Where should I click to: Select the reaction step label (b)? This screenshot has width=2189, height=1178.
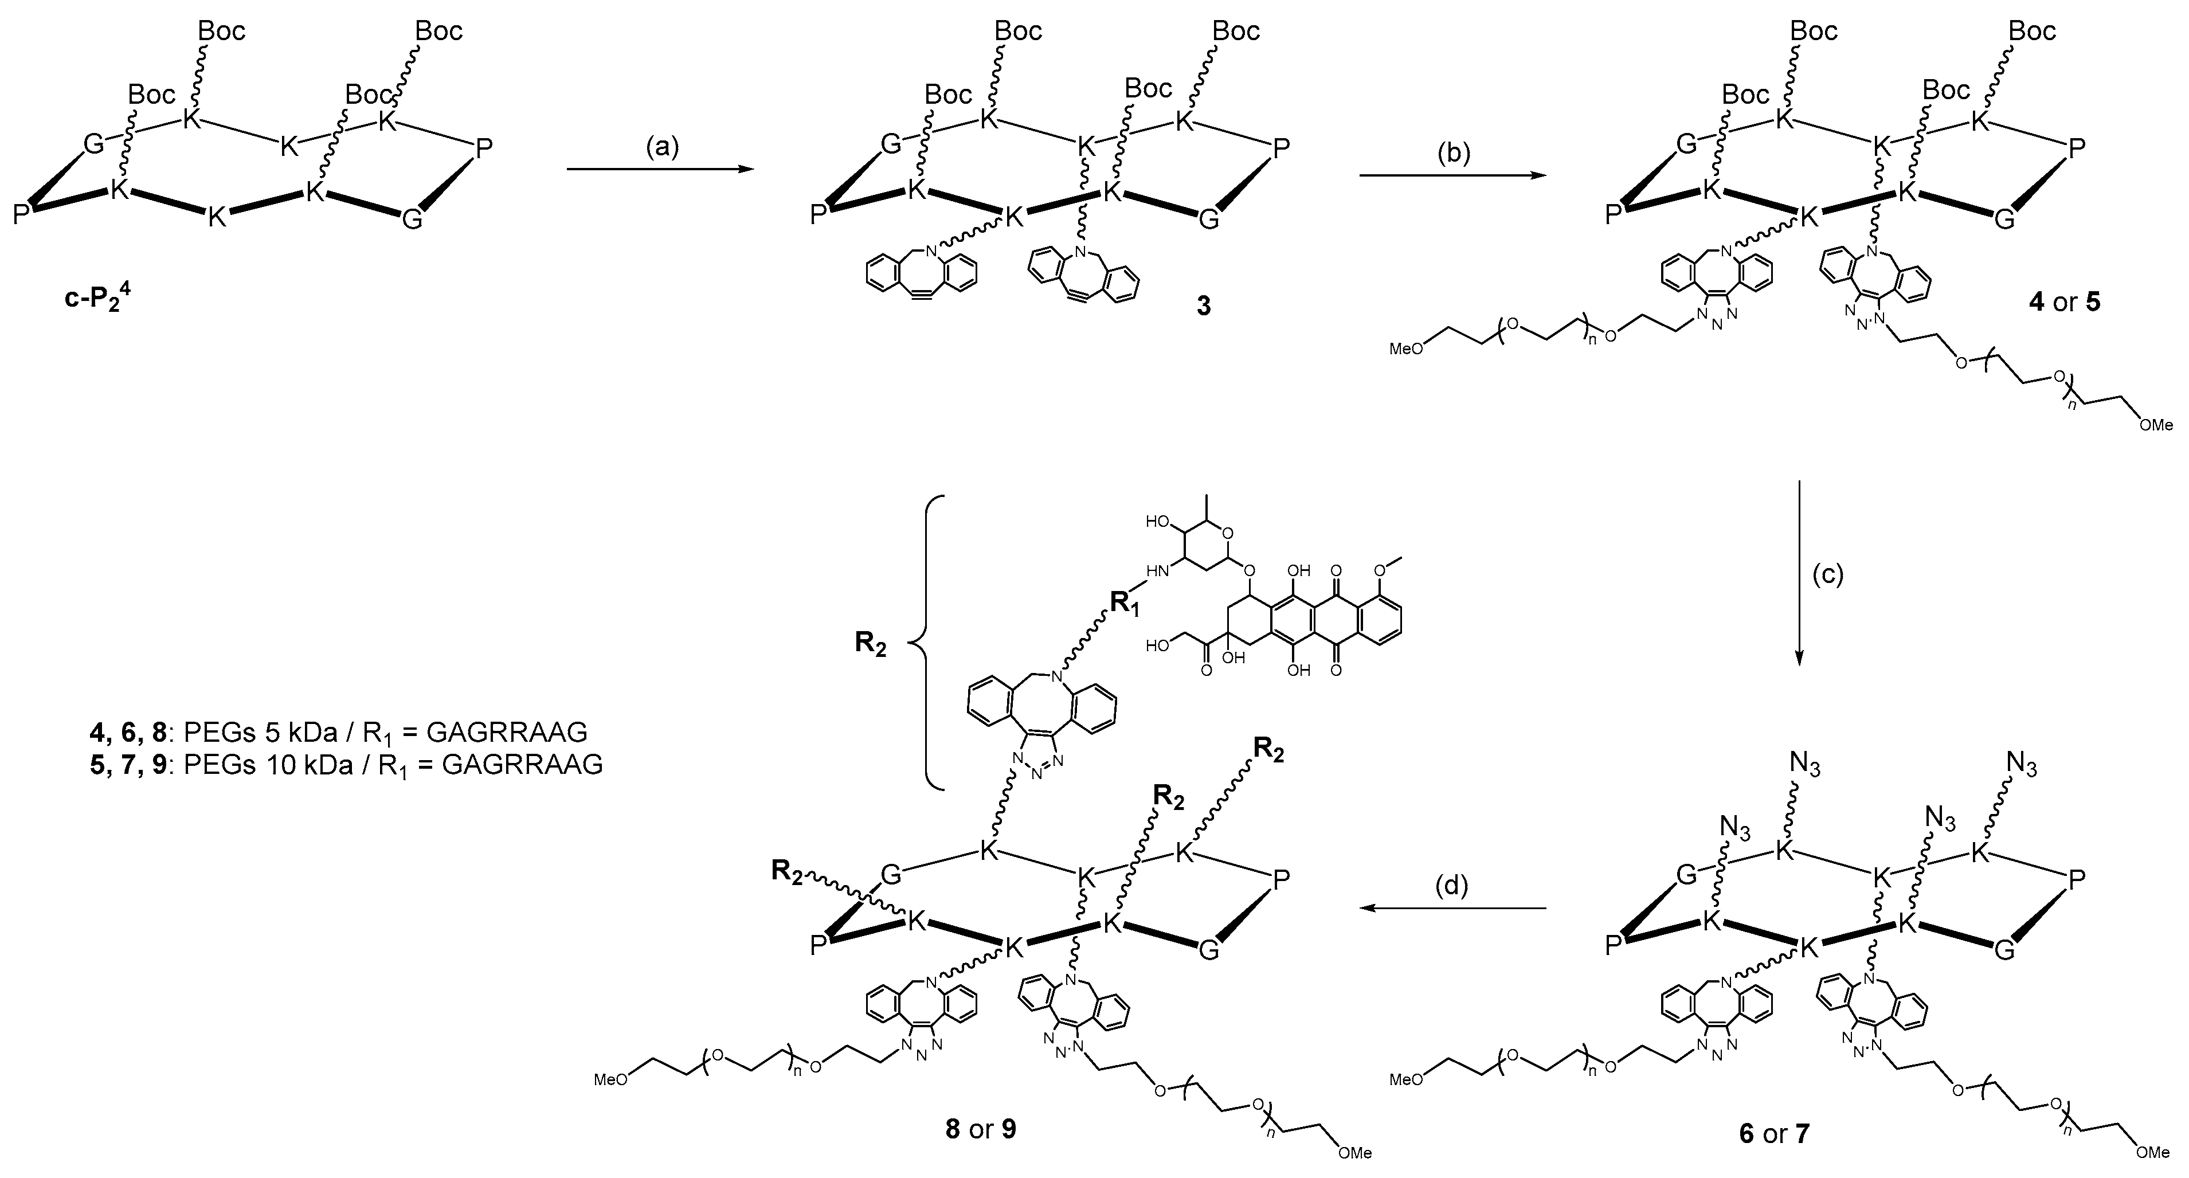tap(1452, 153)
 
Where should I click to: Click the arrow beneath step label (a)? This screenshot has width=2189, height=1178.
tap(660, 169)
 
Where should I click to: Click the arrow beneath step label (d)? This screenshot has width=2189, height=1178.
tap(1452, 909)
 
